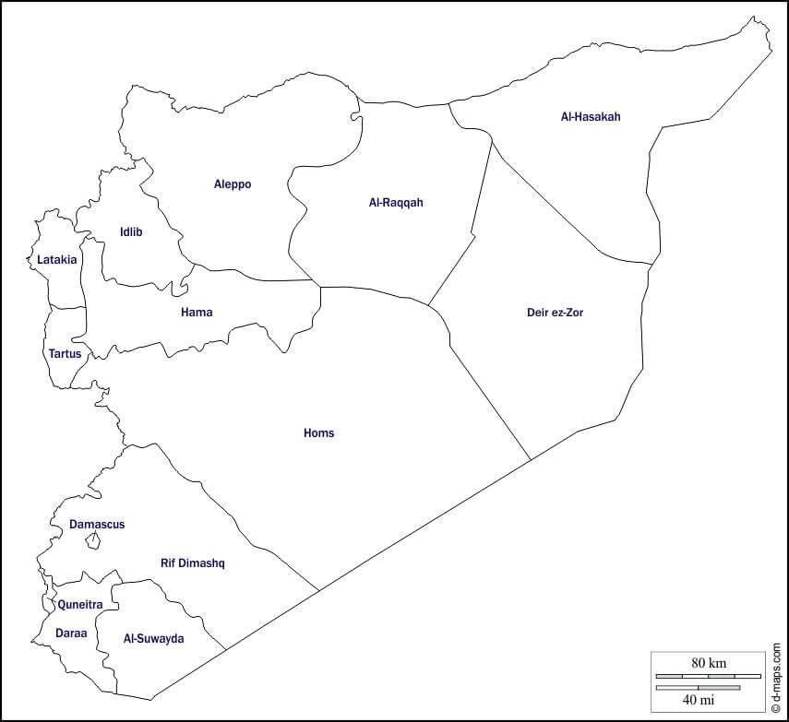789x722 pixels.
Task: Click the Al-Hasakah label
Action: coord(591,117)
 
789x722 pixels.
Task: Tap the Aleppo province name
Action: coord(233,184)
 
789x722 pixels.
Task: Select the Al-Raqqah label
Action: coord(396,203)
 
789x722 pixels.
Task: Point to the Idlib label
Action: coord(131,232)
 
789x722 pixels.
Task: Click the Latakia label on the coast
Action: coord(57,260)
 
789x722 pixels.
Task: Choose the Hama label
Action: coord(197,313)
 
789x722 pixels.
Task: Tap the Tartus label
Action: coord(65,354)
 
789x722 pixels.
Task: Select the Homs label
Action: coord(319,433)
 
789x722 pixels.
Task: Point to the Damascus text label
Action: coord(97,525)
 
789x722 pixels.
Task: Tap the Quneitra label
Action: coord(80,606)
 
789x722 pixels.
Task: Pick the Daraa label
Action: coord(71,634)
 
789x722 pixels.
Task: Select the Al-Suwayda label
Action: coord(154,639)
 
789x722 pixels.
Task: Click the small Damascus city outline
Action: coord(92,541)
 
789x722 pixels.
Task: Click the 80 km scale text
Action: coord(709,663)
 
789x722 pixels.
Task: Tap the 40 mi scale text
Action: coord(699,700)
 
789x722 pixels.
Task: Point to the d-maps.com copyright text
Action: coord(778,679)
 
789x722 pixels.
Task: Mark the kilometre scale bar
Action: coord(708,676)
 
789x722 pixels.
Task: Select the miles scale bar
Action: coord(699,687)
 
